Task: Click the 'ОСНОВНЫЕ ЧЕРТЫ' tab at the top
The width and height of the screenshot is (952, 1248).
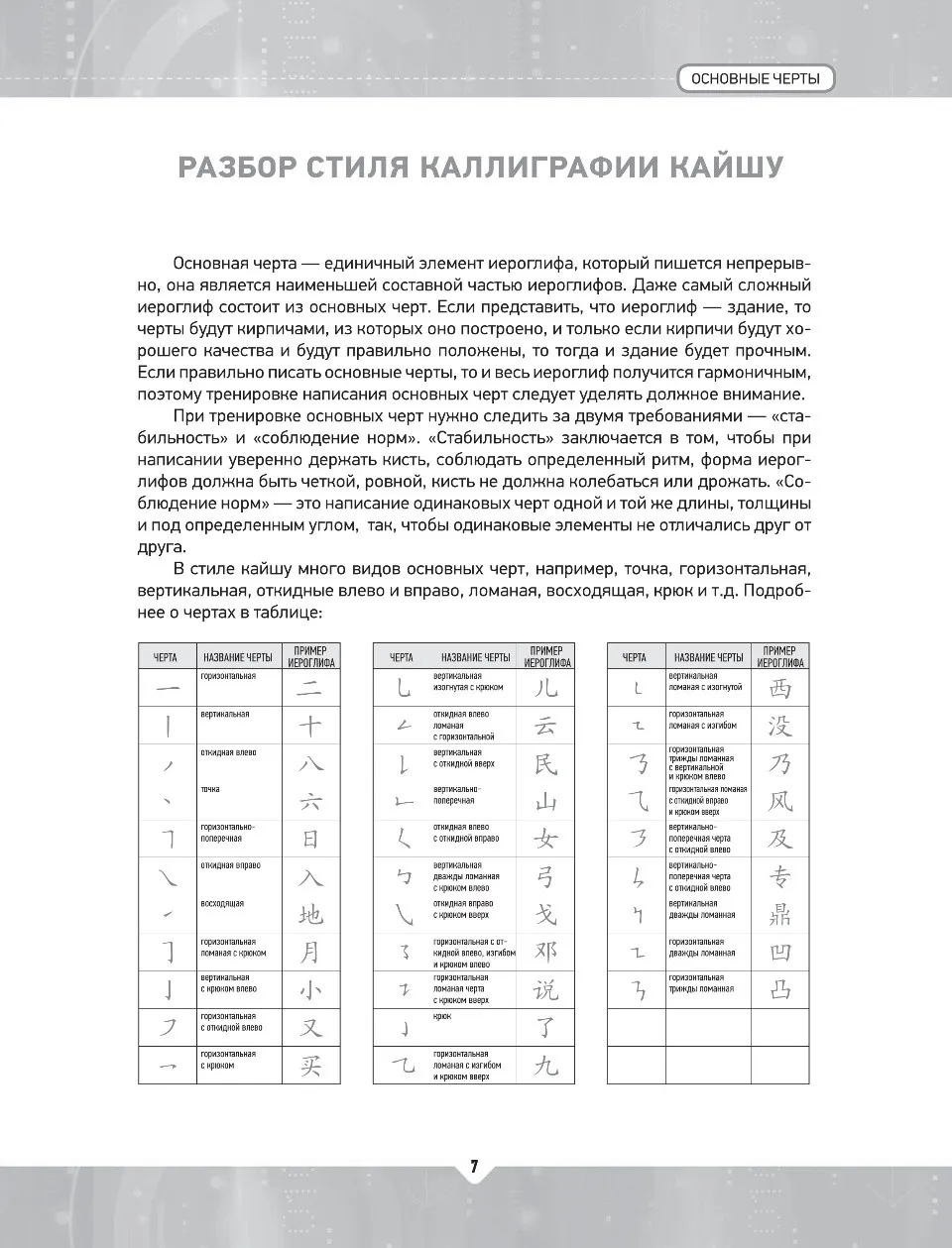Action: tap(756, 78)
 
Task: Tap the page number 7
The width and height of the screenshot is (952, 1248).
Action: tap(474, 1167)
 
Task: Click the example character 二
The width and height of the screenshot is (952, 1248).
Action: tap(310, 689)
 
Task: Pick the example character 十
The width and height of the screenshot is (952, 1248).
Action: tap(310, 727)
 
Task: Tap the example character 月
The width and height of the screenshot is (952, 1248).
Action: tap(310, 953)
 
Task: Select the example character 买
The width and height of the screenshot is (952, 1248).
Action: tap(310, 1066)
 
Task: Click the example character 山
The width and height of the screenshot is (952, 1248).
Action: tap(545, 802)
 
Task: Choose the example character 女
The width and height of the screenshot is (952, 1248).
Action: tap(545, 840)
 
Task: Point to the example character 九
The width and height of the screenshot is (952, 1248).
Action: tap(545, 1066)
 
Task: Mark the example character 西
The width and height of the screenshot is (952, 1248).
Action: tap(780, 689)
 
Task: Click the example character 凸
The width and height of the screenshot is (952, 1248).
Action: tap(780, 989)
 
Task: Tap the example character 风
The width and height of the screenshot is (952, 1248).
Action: tap(780, 802)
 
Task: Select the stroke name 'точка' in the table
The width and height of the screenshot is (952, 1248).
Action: tap(210, 789)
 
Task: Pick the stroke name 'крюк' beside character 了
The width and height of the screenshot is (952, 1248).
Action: tap(442, 1016)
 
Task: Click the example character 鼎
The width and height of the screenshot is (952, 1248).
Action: tap(780, 915)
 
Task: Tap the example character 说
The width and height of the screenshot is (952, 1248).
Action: tap(545, 989)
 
